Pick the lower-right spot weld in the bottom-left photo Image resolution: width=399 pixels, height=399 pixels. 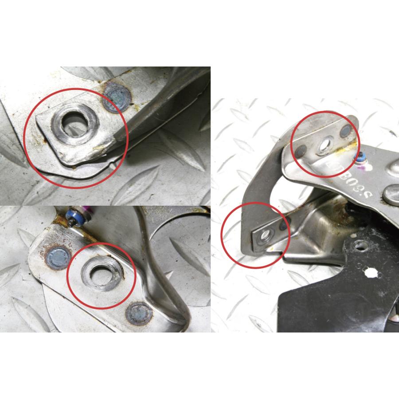tap(139, 314)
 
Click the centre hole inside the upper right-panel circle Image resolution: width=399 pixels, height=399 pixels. tap(326, 143)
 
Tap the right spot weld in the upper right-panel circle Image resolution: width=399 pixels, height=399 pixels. tap(345, 131)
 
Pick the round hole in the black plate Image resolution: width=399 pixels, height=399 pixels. tap(361, 245)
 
